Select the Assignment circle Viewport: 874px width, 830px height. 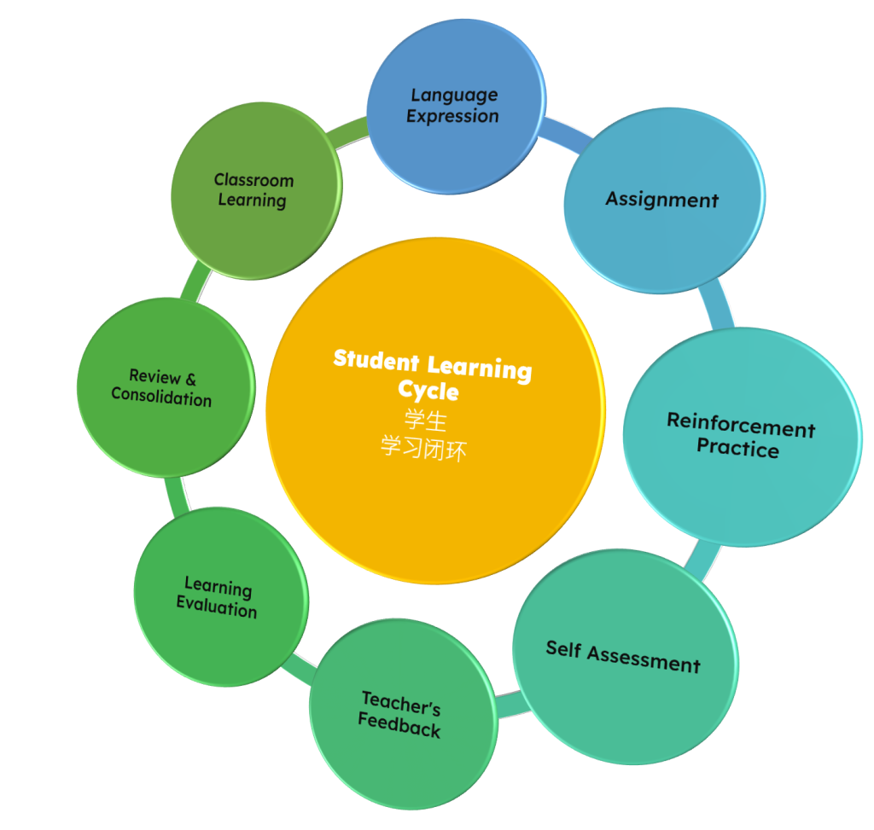pos(663,200)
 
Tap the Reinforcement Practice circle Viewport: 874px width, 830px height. pos(741,436)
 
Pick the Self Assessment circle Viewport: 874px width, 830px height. pos(625,657)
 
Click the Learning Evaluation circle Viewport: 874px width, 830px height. pos(220,597)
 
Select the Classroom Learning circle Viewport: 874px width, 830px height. pos(255,190)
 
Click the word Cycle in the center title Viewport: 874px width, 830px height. pos(428,392)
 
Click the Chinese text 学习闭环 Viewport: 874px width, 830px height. pos(424,449)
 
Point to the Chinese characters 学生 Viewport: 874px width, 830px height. pos(425,421)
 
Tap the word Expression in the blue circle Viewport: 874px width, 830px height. pos(452,117)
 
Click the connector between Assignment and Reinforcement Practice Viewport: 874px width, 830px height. pos(716,308)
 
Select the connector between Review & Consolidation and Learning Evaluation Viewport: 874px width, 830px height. pos(174,494)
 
